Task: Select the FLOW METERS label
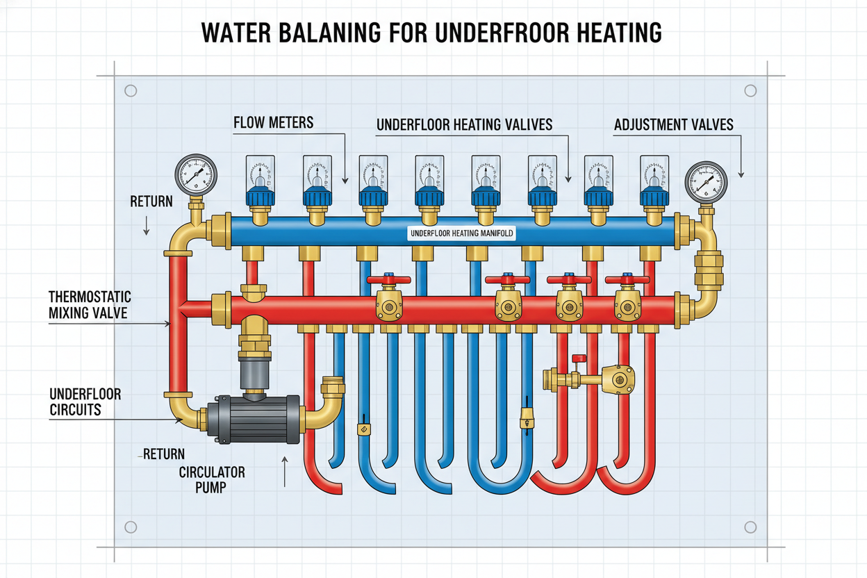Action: [x=273, y=123]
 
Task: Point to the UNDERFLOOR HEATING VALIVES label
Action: [x=464, y=125]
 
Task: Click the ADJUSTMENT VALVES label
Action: [x=674, y=125]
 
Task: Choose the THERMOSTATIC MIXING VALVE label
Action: [x=88, y=304]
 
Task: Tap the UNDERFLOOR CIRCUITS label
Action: [x=85, y=402]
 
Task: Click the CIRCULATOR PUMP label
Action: [x=212, y=480]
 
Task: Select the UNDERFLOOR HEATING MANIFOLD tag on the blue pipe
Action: [x=462, y=233]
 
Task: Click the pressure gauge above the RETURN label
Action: [x=196, y=174]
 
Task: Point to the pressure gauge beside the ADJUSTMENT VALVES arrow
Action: [x=704, y=182]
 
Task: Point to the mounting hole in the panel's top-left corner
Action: [x=129, y=90]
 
